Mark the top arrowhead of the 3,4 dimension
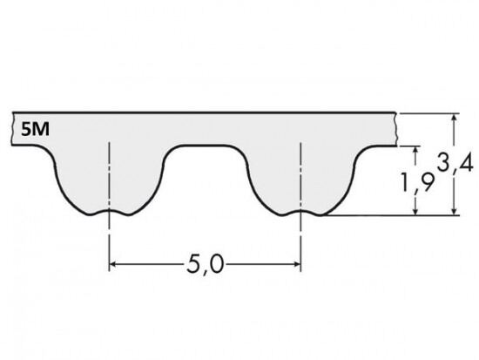point(455,118)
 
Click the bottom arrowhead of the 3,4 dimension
point(455,211)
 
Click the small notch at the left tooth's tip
point(110,212)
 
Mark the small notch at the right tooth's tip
point(300,212)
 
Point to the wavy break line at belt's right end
point(398,131)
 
